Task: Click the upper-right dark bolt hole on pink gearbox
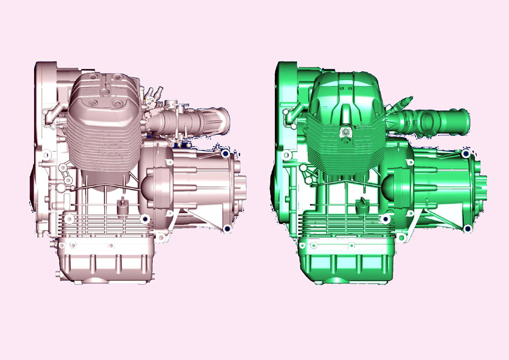point(225,153)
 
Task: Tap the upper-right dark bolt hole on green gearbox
point(466,153)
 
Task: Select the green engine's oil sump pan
point(346,262)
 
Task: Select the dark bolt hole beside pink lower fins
point(145,219)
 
